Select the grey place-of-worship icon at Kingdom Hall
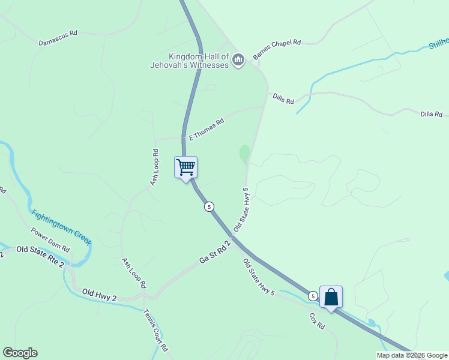tap(238, 59)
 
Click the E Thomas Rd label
tap(206, 129)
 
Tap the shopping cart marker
tap(185, 166)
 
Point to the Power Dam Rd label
tap(50, 239)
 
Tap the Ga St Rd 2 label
tap(215, 252)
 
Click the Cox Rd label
tap(317, 320)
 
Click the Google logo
tap(20, 353)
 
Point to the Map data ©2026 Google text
tap(412, 355)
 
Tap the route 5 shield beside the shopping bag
tap(313, 296)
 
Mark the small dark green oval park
tap(244, 154)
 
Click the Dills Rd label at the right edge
tap(431, 114)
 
